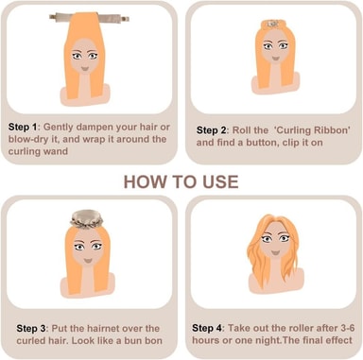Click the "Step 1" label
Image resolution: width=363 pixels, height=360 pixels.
point(23,127)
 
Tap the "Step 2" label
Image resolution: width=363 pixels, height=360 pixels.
point(211,130)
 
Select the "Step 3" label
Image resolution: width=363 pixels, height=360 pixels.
point(31,329)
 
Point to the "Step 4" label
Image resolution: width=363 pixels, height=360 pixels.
point(207,328)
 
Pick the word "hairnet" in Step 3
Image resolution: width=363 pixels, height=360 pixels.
point(102,329)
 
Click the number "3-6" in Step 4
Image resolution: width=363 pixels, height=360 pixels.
point(347,328)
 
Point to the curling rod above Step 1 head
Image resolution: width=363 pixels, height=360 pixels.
point(89,18)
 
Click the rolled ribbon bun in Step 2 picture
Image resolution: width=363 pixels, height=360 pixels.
point(274,24)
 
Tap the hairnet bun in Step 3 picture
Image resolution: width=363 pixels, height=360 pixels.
point(87,219)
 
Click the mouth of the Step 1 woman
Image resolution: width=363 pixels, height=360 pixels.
point(85,68)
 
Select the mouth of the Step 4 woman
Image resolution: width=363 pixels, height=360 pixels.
point(275,252)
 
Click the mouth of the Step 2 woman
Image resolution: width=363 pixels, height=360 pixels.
point(275,59)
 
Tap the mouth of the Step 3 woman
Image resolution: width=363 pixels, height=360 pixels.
point(88,261)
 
